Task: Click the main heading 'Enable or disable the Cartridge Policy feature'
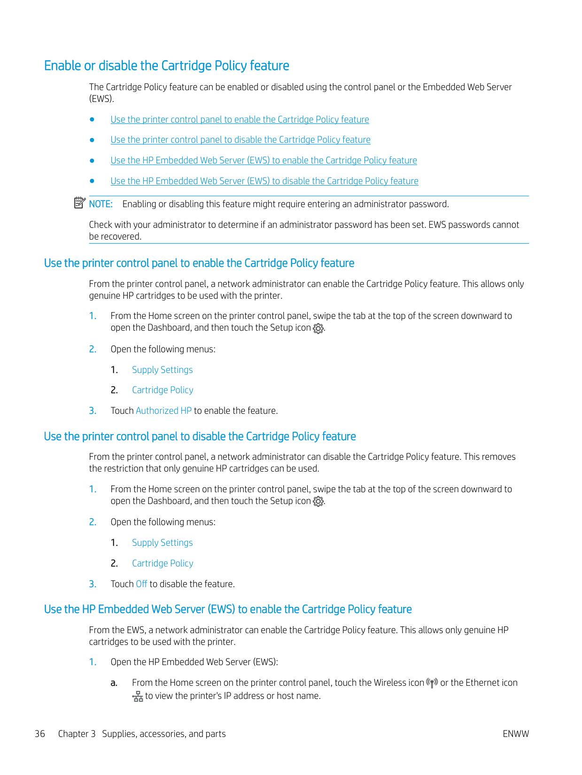pos(166,66)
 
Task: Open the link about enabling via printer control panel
pos(240,120)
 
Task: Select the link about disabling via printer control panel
pos(240,140)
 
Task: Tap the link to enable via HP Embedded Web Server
pos(264,161)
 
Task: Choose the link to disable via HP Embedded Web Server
pos(264,181)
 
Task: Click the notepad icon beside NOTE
pos(79,203)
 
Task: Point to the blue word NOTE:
pos(101,204)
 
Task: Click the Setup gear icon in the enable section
pos(318,329)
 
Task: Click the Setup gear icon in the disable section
pos(318,502)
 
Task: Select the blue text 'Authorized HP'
pos(163,411)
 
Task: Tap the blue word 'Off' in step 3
pos(141,584)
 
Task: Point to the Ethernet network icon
pos(138,697)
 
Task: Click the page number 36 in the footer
pos(40,734)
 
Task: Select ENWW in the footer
pos(515,734)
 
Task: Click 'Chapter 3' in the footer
pos(77,734)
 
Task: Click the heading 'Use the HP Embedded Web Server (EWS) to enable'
pos(227,610)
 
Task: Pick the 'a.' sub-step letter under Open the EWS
pos(114,683)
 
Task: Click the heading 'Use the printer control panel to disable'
pos(200,437)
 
